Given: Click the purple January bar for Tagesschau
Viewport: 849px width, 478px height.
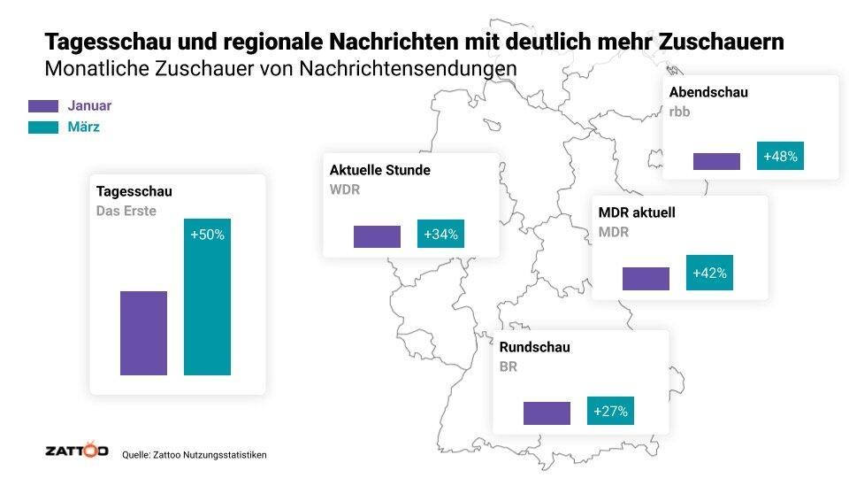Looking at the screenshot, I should pos(143,333).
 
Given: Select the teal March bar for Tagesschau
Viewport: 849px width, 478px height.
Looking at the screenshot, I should pos(207,297).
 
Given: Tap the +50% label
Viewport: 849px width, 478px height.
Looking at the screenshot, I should pos(207,235).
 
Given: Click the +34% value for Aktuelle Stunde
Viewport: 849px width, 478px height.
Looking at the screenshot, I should pos(440,235).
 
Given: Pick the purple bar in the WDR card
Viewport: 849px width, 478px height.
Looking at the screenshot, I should pos(377,236).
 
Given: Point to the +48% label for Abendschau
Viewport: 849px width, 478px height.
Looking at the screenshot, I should pos(780,157).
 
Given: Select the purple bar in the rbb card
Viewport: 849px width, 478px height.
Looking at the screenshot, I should pos(716,161).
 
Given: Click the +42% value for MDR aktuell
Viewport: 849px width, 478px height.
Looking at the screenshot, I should pos(709,273).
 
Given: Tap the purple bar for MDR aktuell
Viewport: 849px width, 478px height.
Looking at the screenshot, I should pos(646,278).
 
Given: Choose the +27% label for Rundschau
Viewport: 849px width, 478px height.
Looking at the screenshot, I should pos(610,412).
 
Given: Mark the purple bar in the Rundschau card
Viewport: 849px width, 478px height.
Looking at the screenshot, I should pos(547,413).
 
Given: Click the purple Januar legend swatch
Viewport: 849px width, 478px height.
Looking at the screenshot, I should pos(43,106).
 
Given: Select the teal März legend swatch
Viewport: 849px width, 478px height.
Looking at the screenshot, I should pos(43,127).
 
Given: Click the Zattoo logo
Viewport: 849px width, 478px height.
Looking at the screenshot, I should pos(76,451).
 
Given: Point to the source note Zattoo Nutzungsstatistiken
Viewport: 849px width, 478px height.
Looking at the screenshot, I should pos(194,454).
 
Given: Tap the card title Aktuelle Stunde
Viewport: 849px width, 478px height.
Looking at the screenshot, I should pos(379,170).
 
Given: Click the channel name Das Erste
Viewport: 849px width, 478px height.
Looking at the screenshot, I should pos(126,212).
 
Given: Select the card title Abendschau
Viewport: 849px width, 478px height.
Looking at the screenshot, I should pos(708,92).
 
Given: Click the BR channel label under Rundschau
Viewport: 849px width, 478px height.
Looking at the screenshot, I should pos(508,366).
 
